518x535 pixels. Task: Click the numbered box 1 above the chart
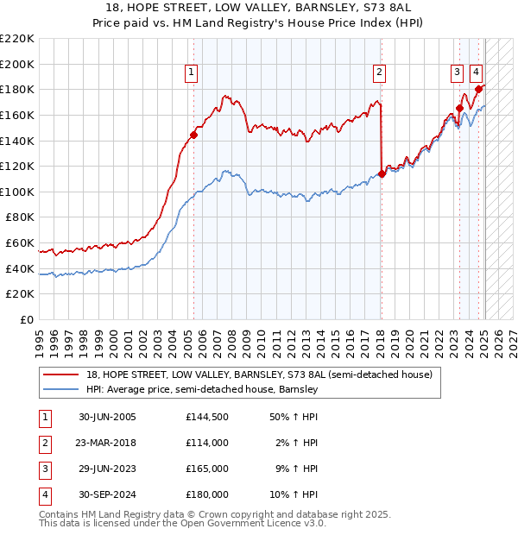pos(191,72)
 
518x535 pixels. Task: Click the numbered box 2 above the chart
pos(379,72)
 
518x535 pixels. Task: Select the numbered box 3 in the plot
pos(456,72)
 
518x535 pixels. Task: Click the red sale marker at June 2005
pos(193,135)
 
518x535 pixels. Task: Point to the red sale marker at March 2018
pos(382,173)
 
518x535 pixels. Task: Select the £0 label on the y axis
pos(26,319)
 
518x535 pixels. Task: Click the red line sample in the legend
pos(61,374)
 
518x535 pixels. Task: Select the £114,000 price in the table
pos(206,444)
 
